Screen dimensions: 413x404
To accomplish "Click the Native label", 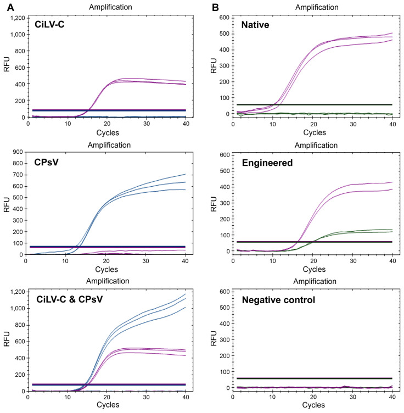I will tap(256, 25).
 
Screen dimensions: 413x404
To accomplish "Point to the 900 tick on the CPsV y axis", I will tap(18, 155).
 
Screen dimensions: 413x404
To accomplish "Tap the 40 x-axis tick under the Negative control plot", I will tap(391, 397).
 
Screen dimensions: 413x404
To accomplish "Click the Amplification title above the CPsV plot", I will tap(106, 144).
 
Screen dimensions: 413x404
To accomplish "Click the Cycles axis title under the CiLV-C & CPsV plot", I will tap(106, 405).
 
